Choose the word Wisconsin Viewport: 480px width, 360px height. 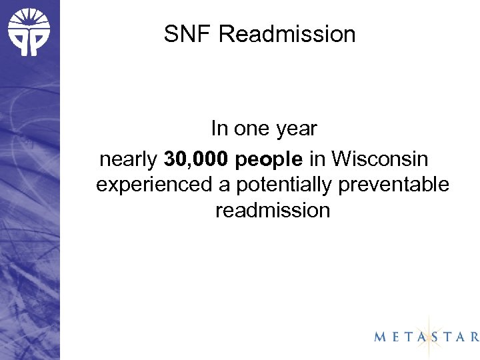381,161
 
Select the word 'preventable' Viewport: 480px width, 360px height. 394,185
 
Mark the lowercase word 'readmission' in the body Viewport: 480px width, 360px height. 273,210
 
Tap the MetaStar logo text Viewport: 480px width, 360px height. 427,337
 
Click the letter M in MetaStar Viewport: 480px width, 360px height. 379,337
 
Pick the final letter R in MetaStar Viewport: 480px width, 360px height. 473,337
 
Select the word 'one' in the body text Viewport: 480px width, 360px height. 251,128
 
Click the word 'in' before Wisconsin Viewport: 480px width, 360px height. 317,161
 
